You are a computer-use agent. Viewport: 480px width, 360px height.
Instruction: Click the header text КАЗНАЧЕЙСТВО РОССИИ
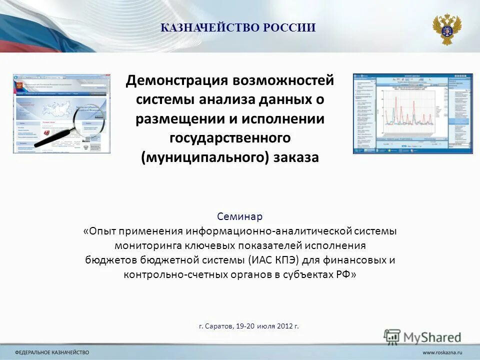pos(238,28)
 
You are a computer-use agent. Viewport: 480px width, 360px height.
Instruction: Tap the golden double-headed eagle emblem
pos(446,28)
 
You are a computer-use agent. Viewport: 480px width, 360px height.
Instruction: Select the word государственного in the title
pos(230,138)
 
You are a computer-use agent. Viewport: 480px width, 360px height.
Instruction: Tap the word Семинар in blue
pos(239,216)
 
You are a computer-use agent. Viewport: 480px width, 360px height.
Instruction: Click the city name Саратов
pos(219,326)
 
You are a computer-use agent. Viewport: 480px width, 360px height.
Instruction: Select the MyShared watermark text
pos(432,337)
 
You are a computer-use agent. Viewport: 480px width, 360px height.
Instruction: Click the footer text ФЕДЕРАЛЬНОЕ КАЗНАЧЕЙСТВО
pos(55,352)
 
